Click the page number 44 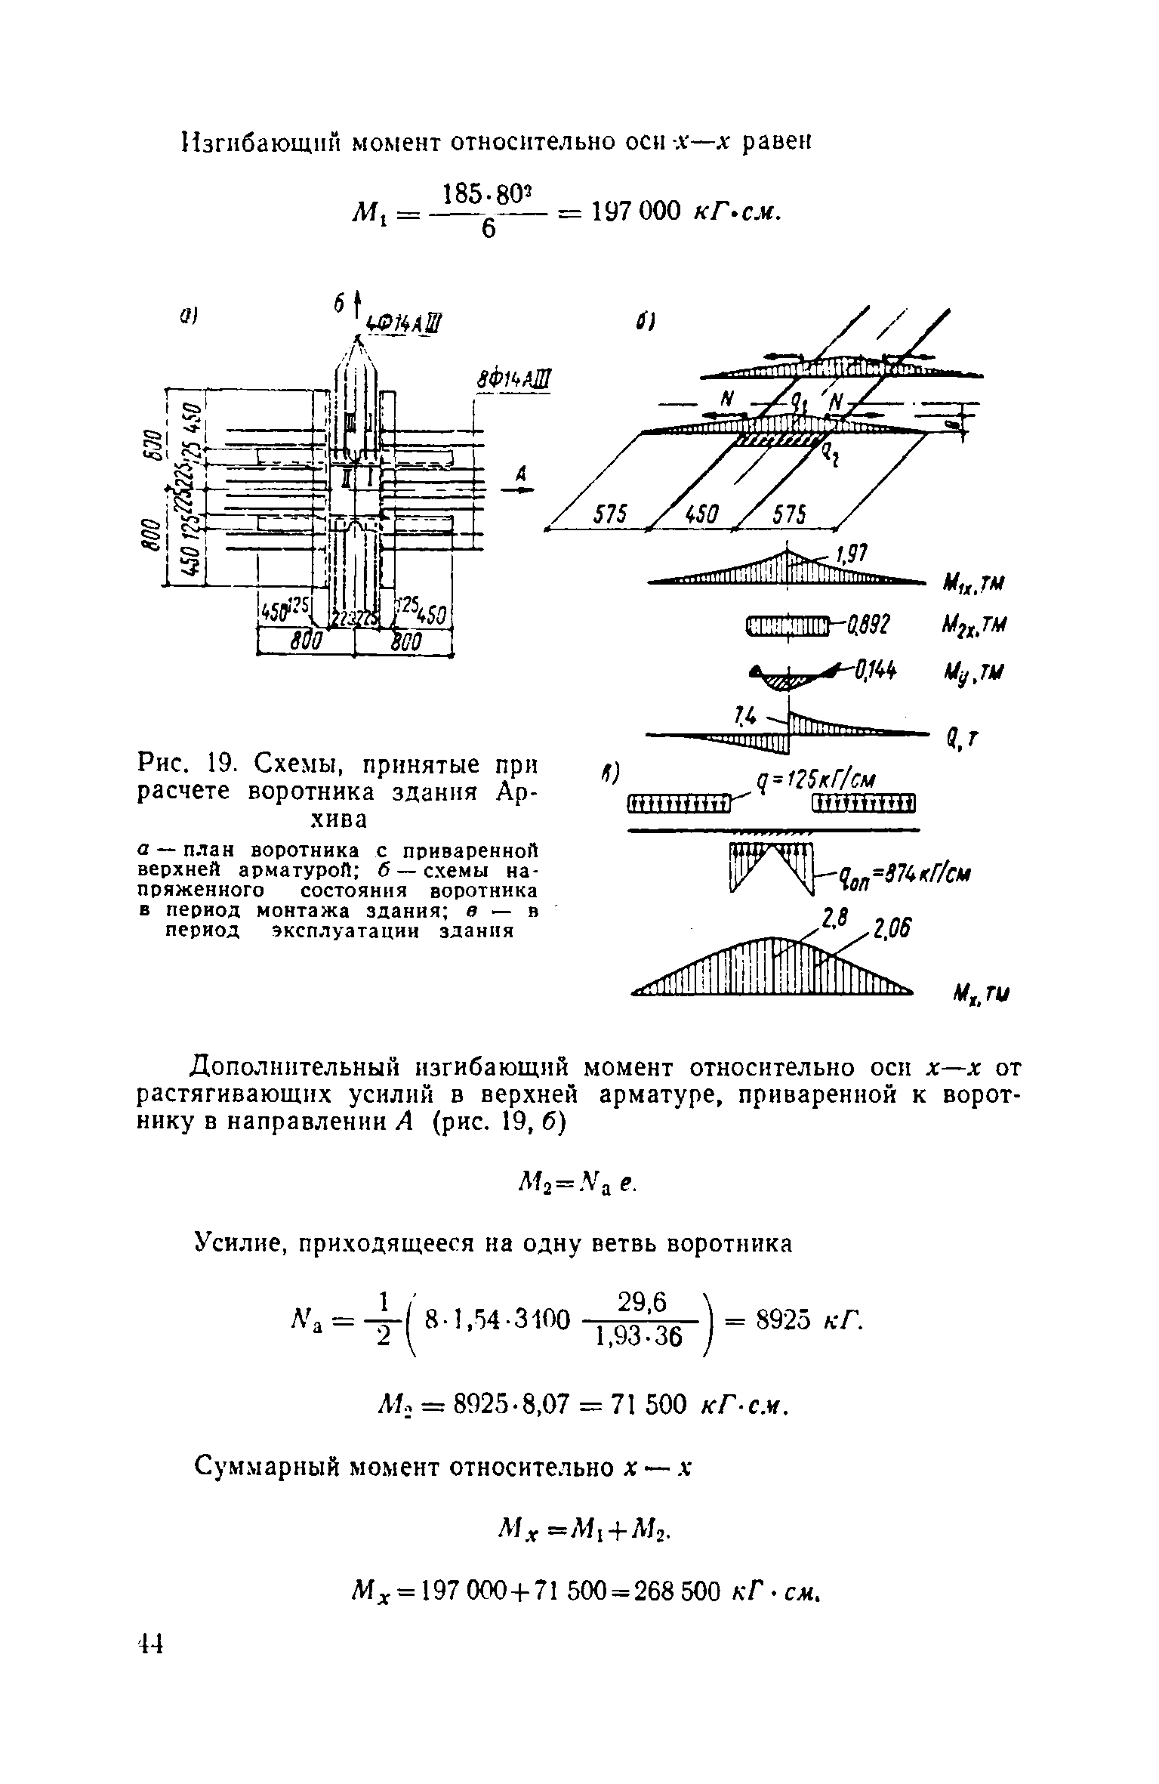152,1681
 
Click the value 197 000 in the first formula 636,211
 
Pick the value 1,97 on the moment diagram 849,556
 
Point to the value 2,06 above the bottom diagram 891,928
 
